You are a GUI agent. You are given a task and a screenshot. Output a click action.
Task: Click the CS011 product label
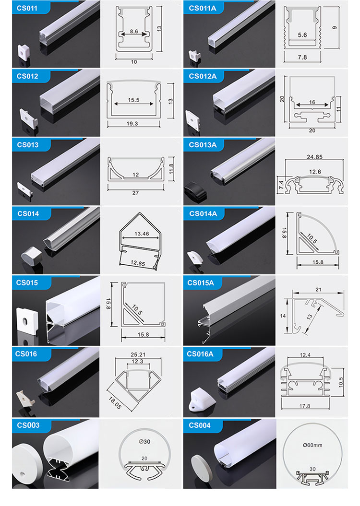tap(27, 8)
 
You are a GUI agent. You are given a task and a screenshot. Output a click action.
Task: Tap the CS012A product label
tap(203, 76)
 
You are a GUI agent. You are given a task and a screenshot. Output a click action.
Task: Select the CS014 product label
tap(28, 213)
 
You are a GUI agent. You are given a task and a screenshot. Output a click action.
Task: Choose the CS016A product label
tap(200, 354)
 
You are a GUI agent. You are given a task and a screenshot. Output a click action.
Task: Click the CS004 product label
tap(200, 425)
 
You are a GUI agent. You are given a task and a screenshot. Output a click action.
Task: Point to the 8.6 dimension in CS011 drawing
tap(134, 31)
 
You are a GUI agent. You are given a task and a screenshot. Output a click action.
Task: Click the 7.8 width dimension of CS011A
tap(302, 57)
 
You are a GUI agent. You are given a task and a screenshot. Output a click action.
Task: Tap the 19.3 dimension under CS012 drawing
tap(132, 123)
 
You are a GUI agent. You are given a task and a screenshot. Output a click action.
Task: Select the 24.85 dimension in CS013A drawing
tap(314, 157)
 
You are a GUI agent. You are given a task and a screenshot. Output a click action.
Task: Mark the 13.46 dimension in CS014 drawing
tap(142, 234)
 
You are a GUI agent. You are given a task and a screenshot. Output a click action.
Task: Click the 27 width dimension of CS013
tap(135, 193)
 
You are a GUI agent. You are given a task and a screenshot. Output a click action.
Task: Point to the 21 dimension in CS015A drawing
tap(318, 290)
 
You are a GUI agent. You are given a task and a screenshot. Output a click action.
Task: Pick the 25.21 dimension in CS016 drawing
tap(138, 354)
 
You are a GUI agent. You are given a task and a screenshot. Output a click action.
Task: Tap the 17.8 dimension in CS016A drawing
tap(304, 406)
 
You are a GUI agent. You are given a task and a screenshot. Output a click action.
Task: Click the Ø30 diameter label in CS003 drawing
tap(144, 441)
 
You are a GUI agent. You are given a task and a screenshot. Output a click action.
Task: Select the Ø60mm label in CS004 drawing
tap(312, 445)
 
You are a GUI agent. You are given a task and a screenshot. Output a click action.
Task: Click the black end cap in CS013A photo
tap(195, 191)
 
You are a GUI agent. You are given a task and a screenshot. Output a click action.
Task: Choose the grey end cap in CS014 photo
tap(32, 256)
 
